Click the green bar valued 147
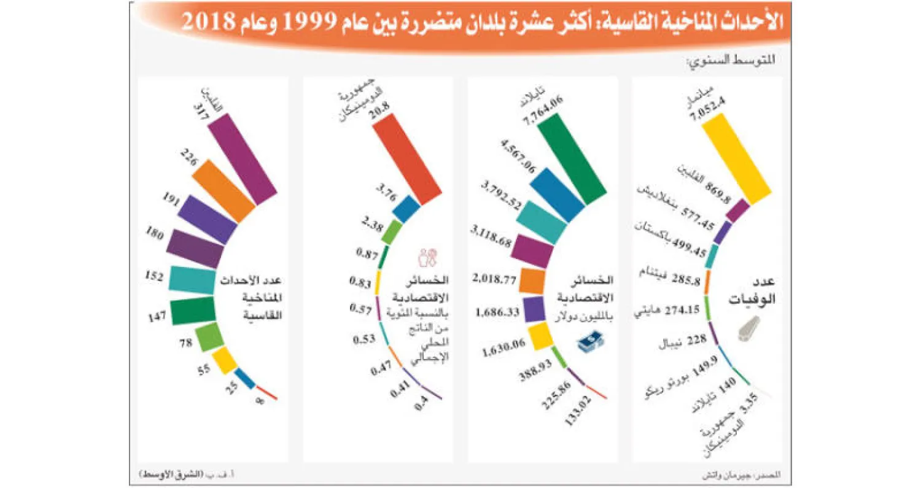point(193,311)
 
